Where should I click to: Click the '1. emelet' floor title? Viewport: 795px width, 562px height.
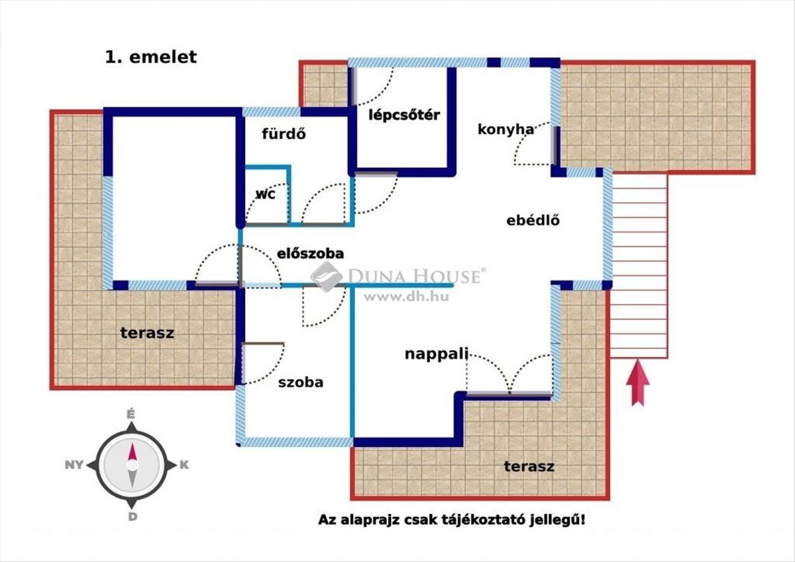point(151,58)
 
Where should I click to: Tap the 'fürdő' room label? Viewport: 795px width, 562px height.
point(284,134)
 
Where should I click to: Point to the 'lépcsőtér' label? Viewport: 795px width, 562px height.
point(404,115)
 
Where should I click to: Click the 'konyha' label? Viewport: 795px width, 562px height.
point(505,129)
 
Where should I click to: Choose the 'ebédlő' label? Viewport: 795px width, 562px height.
point(533,221)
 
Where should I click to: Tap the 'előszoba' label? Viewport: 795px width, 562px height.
point(311,253)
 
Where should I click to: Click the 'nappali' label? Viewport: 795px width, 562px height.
point(437,354)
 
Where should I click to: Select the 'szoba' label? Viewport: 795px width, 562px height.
point(301,382)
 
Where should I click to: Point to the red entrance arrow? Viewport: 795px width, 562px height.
point(638,382)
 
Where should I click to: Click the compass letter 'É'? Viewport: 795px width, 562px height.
point(131,414)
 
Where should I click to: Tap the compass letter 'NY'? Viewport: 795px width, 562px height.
point(74,465)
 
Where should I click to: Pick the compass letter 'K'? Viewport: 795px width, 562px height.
point(184,465)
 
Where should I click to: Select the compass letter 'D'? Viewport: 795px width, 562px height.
point(132,517)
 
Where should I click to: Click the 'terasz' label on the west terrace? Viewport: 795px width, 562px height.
point(147,333)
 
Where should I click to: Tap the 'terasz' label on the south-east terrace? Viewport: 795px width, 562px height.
point(529,466)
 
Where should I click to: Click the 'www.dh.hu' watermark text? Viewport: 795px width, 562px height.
point(406,297)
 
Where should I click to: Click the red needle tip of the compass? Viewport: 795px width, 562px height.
point(132,444)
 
